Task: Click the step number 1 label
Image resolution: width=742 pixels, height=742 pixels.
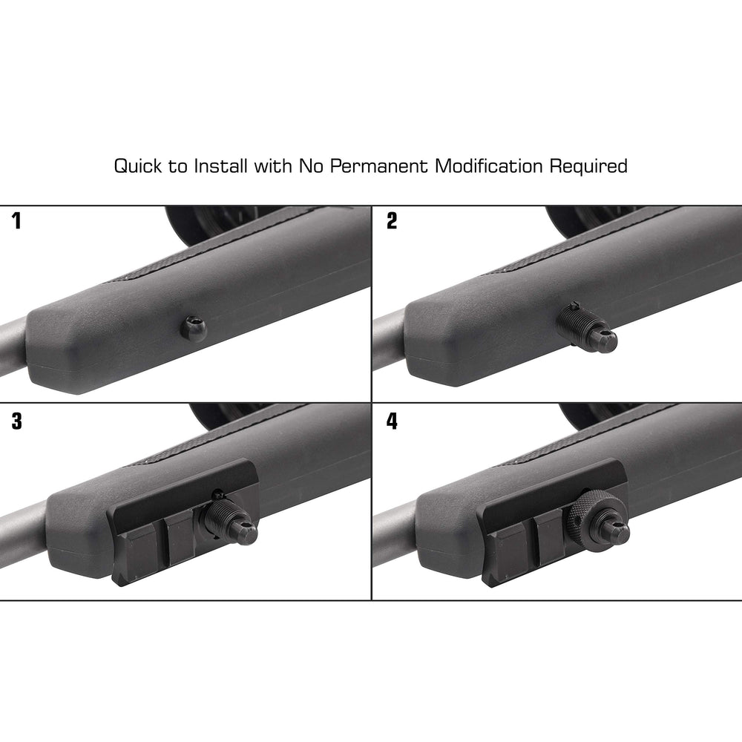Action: [x=16, y=222]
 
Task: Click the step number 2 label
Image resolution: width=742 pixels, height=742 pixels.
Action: [x=392, y=222]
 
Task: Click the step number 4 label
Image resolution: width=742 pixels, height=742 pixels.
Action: [x=392, y=421]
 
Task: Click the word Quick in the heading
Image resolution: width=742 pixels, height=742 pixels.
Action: [x=139, y=166]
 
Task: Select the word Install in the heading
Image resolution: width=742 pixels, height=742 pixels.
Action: [x=221, y=165]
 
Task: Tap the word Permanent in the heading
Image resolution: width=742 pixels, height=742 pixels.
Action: [x=378, y=166]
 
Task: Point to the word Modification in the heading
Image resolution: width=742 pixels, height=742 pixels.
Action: [x=490, y=165]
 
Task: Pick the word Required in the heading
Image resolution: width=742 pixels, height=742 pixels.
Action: [x=588, y=166]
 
